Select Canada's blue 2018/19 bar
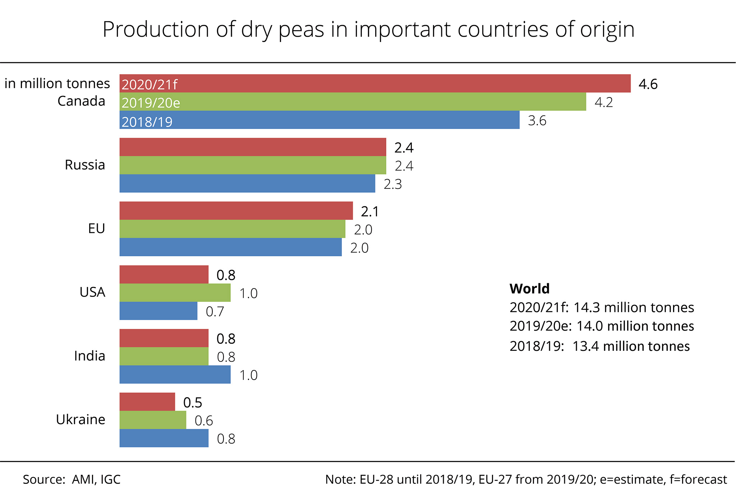click(x=319, y=120)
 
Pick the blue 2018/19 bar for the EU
click(x=230, y=247)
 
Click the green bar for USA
click(x=175, y=293)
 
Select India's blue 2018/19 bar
click(x=175, y=375)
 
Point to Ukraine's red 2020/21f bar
click(x=147, y=402)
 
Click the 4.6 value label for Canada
click(x=648, y=84)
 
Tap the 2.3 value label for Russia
click(x=392, y=184)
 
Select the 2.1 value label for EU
click(x=370, y=212)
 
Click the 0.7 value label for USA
click(x=215, y=311)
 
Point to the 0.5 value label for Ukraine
click(x=193, y=403)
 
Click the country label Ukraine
click(x=80, y=420)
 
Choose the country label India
click(x=89, y=356)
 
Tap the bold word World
click(x=529, y=289)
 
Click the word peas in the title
click(x=301, y=29)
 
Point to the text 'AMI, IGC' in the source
click(x=96, y=480)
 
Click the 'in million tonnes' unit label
click(x=57, y=83)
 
